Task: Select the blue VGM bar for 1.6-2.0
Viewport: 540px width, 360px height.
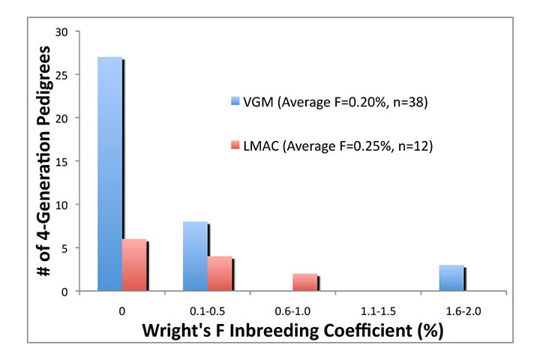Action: click(451, 277)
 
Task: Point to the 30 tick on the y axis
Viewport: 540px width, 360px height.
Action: click(62, 32)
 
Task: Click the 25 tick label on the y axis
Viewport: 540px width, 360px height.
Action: click(62, 75)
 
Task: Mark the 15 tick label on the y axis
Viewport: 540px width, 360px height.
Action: click(62, 161)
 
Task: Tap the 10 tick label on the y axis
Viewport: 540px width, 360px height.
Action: click(62, 205)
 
